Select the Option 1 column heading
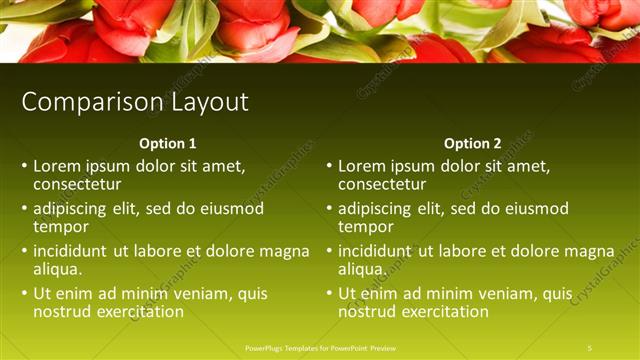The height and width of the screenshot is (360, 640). point(168,143)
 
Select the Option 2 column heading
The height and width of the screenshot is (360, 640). point(473,143)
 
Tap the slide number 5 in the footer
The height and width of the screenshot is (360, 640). point(590,347)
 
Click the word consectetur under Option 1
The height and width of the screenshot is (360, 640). point(77,184)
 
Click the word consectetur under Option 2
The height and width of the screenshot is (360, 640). point(382,184)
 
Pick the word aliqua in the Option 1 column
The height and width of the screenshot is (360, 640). point(58,269)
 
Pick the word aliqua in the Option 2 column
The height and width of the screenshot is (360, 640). point(362,269)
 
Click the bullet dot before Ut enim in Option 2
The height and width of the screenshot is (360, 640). point(329,294)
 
